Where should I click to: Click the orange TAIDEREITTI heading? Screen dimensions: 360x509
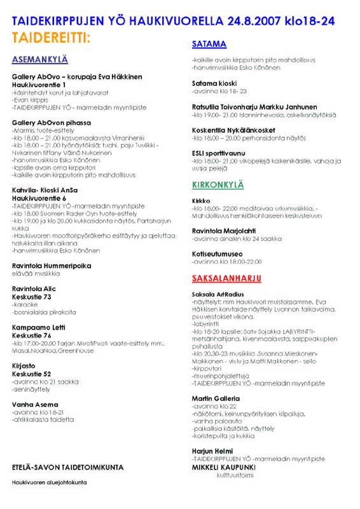coord(51,38)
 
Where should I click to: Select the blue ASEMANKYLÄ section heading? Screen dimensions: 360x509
coord(39,60)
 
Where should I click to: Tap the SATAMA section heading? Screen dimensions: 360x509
coord(209,44)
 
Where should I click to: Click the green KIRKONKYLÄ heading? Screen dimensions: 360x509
coord(218,185)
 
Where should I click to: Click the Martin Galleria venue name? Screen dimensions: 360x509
coord(216,399)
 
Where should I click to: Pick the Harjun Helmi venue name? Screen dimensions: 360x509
coord(212,451)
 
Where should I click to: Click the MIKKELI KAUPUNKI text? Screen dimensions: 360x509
coord(223,466)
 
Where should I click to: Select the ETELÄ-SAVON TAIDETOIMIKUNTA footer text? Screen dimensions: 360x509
coord(67,468)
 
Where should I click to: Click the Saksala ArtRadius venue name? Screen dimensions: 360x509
coord(219,295)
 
